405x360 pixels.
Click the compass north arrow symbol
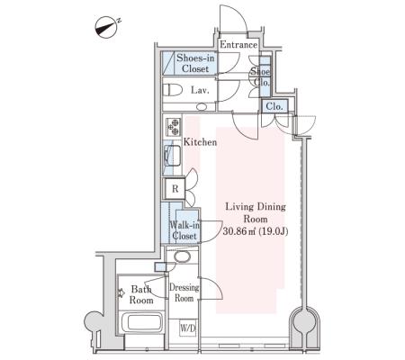click(x=105, y=27)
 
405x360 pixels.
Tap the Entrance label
click(x=238, y=45)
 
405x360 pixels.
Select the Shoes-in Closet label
click(x=195, y=63)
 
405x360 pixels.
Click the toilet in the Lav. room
click(x=173, y=90)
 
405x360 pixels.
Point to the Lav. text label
click(x=200, y=90)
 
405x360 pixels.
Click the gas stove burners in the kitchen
click(x=174, y=127)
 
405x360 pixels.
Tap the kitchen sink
click(x=172, y=156)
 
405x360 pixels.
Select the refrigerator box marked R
click(x=175, y=189)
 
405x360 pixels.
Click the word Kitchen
click(x=200, y=142)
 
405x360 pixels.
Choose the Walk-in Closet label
click(x=184, y=230)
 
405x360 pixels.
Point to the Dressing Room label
click(x=184, y=292)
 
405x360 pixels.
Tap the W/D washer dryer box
click(x=188, y=328)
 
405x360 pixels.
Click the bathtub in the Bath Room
click(x=141, y=322)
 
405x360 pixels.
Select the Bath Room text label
click(x=141, y=294)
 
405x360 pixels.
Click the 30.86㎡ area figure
click(x=239, y=231)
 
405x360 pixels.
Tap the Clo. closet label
click(x=274, y=106)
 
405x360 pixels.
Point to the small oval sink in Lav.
click(x=202, y=106)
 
